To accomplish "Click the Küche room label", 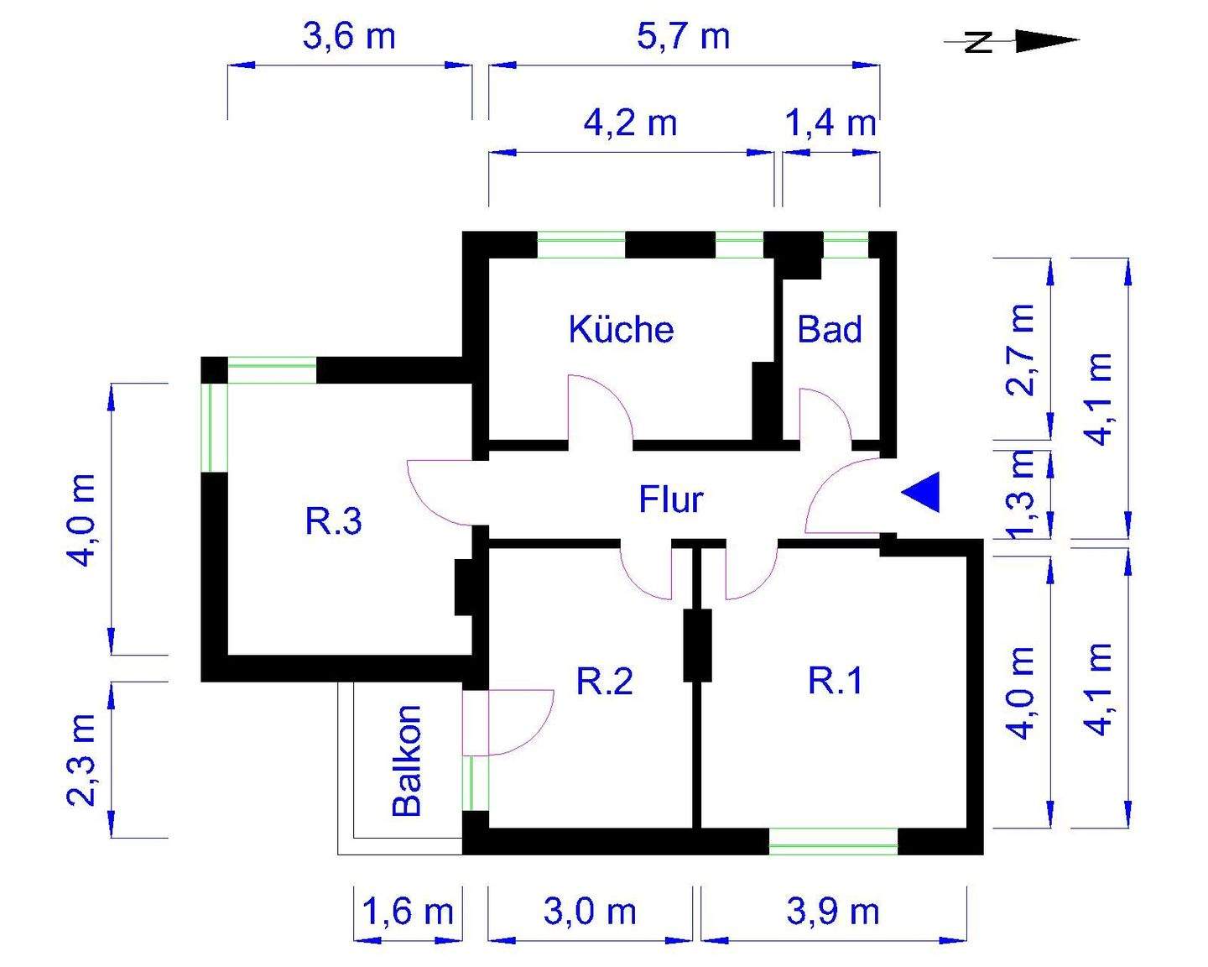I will tap(621, 329).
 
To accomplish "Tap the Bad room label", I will tap(829, 329).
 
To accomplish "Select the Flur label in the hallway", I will tap(670, 499).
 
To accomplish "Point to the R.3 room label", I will tap(333, 521).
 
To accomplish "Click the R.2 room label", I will tap(604, 681).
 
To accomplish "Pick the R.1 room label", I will tap(835, 680).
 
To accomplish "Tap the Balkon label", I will tap(408, 761).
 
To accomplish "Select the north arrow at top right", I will tap(1015, 41).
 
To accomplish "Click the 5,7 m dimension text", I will tap(683, 37).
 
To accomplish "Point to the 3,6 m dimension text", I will tap(348, 37).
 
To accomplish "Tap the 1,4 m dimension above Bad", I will tap(830, 123).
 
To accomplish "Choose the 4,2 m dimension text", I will tap(630, 123).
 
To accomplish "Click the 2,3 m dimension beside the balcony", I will tap(82, 760).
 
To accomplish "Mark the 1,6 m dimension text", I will tap(407, 911).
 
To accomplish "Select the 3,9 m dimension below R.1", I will tap(833, 911).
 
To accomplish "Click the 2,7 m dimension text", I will tap(1022, 349).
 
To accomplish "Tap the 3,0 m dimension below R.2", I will tap(590, 911).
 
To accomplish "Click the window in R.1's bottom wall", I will tap(833, 841).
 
